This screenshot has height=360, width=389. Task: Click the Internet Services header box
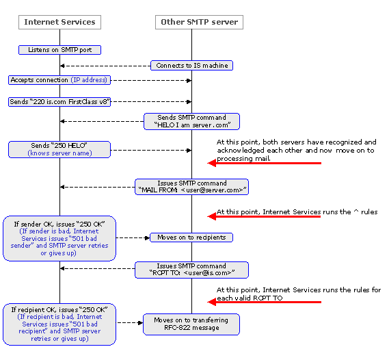pos(59,22)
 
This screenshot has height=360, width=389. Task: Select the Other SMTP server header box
pos(199,22)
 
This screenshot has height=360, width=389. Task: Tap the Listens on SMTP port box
pos(59,50)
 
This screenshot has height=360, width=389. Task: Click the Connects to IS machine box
pos(192,66)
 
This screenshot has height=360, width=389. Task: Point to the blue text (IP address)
pos(89,80)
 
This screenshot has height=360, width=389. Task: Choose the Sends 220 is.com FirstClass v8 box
pos(59,102)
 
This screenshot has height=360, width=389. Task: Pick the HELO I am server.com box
pos(192,121)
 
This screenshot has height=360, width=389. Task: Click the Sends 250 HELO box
pos(59,149)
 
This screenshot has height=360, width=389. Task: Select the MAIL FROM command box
pos(192,187)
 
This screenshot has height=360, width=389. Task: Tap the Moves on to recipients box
pos(191,237)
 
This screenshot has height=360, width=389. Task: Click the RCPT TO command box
pos(192,270)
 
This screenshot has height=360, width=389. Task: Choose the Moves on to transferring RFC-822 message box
pos(191,324)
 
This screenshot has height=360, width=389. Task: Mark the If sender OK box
pos(59,238)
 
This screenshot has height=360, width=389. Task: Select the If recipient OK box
pos(59,324)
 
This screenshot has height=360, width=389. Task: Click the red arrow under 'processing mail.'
pos(264,163)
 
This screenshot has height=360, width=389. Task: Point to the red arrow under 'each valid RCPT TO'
pos(264,302)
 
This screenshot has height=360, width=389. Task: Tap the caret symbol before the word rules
pos(356,211)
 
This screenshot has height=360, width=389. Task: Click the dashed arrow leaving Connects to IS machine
pos(105,66)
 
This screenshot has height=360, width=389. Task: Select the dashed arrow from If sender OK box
pos(133,238)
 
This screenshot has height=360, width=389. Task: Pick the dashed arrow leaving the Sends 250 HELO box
pos(151,150)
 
